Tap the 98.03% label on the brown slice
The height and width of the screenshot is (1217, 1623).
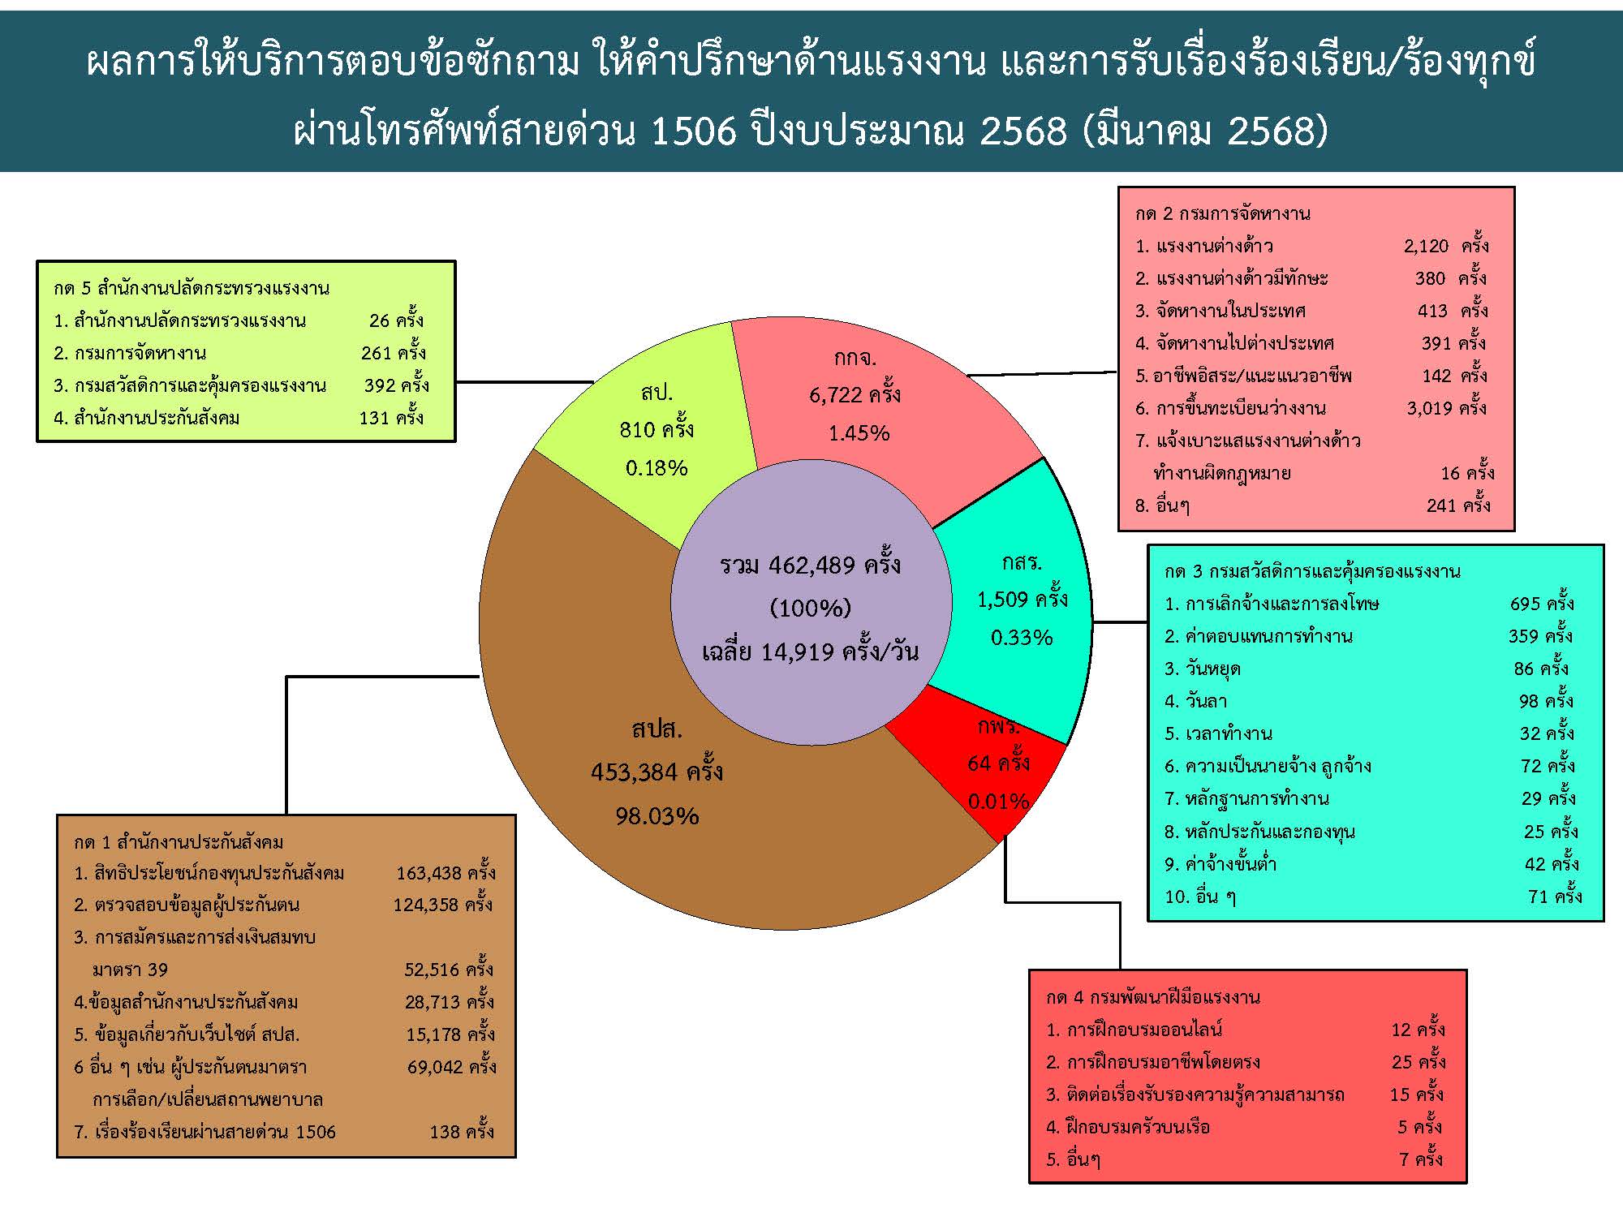pos(657,816)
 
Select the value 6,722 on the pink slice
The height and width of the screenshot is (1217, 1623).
pos(835,395)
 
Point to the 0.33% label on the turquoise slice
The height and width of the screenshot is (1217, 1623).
pos(1021,638)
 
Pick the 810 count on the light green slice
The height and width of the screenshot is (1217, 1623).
pos(637,430)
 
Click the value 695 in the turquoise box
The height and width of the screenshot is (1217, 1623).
pos(1525,604)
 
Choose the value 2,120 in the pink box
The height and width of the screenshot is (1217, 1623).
pos(1426,246)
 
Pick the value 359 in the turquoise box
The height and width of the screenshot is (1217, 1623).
pos(1524,636)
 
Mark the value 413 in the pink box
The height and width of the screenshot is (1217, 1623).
pos(1432,311)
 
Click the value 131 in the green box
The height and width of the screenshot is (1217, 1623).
pos(374,418)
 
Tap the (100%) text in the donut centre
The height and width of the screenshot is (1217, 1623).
pos(810,608)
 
